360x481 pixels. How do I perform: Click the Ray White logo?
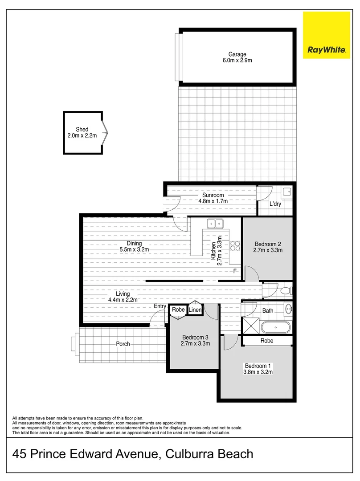[x=327, y=35]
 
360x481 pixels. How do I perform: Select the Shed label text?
[x=82, y=130]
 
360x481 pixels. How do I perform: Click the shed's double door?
[x=105, y=132]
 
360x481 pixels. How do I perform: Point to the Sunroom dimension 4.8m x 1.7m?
[x=213, y=201]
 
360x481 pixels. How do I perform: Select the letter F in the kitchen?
[x=234, y=271]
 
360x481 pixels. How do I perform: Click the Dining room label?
[x=134, y=243]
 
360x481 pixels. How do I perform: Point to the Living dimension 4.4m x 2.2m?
[x=123, y=300]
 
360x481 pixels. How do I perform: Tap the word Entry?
[x=160, y=306]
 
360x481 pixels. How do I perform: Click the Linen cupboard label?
[x=195, y=310]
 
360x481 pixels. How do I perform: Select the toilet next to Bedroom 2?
[x=285, y=291]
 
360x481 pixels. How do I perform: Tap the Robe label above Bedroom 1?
[x=267, y=341]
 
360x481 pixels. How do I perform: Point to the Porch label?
[x=123, y=344]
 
